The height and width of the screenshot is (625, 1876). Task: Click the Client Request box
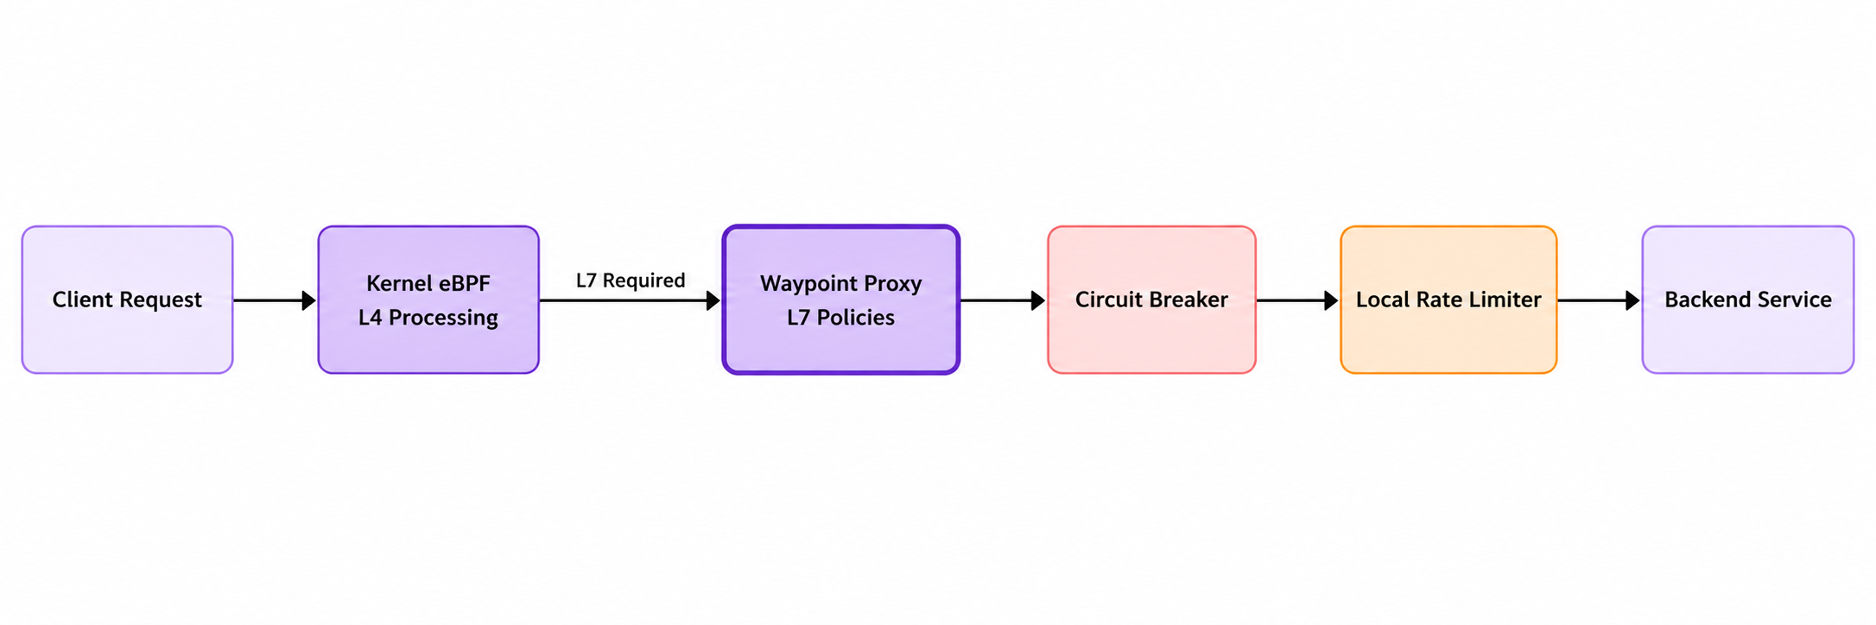click(127, 300)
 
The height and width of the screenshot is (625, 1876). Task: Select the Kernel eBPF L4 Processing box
click(428, 300)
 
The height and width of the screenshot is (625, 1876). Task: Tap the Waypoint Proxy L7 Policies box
click(841, 300)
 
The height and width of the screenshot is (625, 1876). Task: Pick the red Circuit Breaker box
click(1151, 300)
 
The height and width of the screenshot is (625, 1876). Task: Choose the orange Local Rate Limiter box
click(1448, 300)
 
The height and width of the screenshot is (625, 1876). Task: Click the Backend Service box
click(1748, 300)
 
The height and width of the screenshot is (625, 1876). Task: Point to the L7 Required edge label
click(631, 281)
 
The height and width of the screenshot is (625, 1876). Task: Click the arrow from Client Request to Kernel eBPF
click(275, 300)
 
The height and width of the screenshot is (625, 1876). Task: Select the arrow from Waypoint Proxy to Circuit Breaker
click(1003, 300)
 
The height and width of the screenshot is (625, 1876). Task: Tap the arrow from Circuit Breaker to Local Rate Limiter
click(1298, 300)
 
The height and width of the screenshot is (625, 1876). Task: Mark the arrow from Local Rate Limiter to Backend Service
click(1599, 300)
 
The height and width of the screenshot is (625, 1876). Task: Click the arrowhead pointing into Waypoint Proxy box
click(713, 300)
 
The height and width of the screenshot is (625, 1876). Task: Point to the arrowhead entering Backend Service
click(1633, 300)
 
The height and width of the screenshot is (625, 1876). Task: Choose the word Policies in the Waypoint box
click(856, 318)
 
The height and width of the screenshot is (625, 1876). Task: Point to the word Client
click(76, 300)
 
